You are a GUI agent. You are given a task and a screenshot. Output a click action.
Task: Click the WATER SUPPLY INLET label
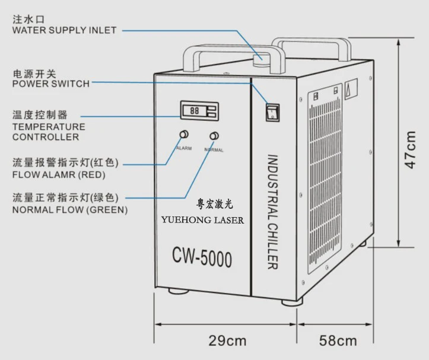(64, 30)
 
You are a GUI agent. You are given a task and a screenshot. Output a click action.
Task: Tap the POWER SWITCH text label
(51, 84)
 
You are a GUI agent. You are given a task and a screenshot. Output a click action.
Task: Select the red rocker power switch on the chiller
(272, 111)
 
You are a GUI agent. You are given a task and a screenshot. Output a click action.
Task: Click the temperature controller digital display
(199, 110)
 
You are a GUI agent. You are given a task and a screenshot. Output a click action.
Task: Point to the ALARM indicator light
(184, 134)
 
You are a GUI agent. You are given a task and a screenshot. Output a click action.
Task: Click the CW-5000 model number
(202, 258)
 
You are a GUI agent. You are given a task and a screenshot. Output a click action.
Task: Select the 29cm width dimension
(227, 340)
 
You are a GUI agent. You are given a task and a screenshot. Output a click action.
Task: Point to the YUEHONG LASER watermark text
(202, 219)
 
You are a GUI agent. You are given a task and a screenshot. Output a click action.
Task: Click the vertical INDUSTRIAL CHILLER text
(272, 211)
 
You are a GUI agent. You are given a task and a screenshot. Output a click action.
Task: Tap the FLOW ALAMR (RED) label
(58, 175)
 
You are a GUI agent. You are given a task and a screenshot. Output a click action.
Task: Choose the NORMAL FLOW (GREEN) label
(69, 210)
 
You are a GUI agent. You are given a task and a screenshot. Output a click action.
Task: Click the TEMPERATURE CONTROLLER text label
(49, 132)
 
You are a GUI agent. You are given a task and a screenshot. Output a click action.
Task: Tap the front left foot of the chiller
(177, 291)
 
